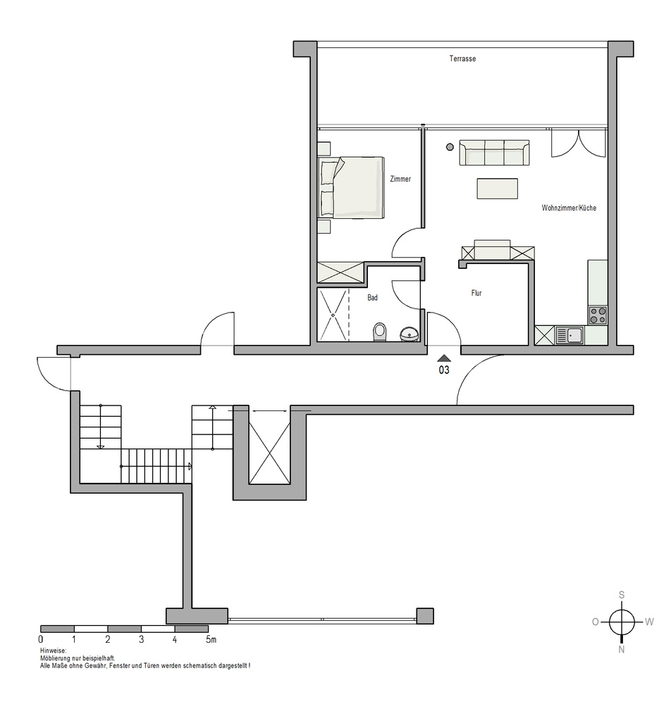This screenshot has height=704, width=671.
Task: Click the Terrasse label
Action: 462,58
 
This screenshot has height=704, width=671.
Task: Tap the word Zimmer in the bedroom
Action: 400,179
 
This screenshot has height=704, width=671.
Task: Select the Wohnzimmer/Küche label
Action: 569,208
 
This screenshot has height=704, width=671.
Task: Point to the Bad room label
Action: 373,297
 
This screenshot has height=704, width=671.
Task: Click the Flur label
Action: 476,293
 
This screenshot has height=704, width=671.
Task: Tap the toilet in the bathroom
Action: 380,332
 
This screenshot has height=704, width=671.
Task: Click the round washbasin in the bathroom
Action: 410,334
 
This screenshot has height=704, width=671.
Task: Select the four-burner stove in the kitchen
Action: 598,315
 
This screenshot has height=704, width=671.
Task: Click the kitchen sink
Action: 570,335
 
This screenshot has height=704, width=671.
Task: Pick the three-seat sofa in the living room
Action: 494,153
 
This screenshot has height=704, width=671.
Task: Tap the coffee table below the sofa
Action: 497,189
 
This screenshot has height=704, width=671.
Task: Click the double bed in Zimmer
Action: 350,188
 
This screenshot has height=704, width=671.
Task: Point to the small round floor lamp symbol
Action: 450,147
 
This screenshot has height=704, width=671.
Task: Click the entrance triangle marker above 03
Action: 444,358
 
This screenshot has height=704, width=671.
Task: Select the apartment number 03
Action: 444,370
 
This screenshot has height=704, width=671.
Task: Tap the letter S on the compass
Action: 622,596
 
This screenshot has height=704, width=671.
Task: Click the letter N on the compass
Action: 622,649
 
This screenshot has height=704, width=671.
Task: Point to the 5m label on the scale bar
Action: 211,639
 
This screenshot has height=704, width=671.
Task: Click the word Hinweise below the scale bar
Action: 53,650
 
